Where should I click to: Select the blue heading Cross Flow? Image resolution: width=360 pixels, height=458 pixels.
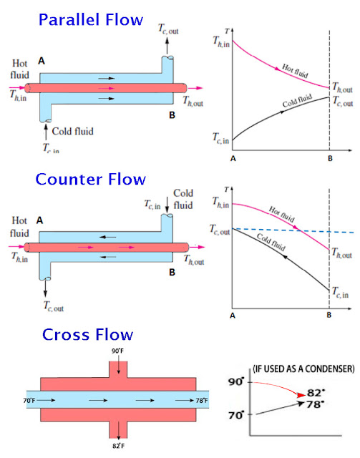pyautogui.click(x=87, y=334)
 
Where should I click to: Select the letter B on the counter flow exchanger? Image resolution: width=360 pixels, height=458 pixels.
pyautogui.click(x=171, y=272)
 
